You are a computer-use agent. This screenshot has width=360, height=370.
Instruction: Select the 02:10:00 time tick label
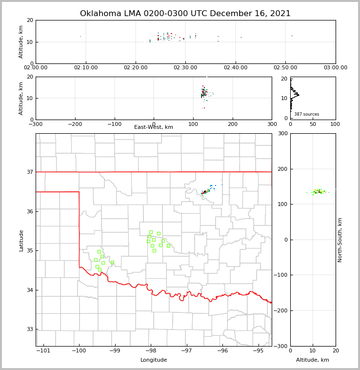click(x=86, y=68)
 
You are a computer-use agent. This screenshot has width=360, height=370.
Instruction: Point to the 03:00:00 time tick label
click(x=335, y=68)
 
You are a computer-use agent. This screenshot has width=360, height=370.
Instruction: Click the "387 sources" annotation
click(x=306, y=114)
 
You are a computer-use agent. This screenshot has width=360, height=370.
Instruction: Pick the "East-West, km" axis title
click(x=154, y=127)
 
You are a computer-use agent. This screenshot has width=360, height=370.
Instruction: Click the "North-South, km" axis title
click(x=340, y=240)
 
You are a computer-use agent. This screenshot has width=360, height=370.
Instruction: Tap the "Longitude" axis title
click(x=154, y=360)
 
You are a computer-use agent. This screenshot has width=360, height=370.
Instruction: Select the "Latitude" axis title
click(x=21, y=240)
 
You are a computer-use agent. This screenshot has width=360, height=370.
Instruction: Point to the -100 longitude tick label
click(x=79, y=350)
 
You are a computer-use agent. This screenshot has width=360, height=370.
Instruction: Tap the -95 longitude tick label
click(x=258, y=350)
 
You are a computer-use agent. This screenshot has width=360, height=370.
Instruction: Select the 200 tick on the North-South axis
click(x=282, y=169)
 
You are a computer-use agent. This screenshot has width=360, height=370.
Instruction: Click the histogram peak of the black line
click(x=299, y=94)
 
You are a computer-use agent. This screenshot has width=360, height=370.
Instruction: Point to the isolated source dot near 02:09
click(x=80, y=36)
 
